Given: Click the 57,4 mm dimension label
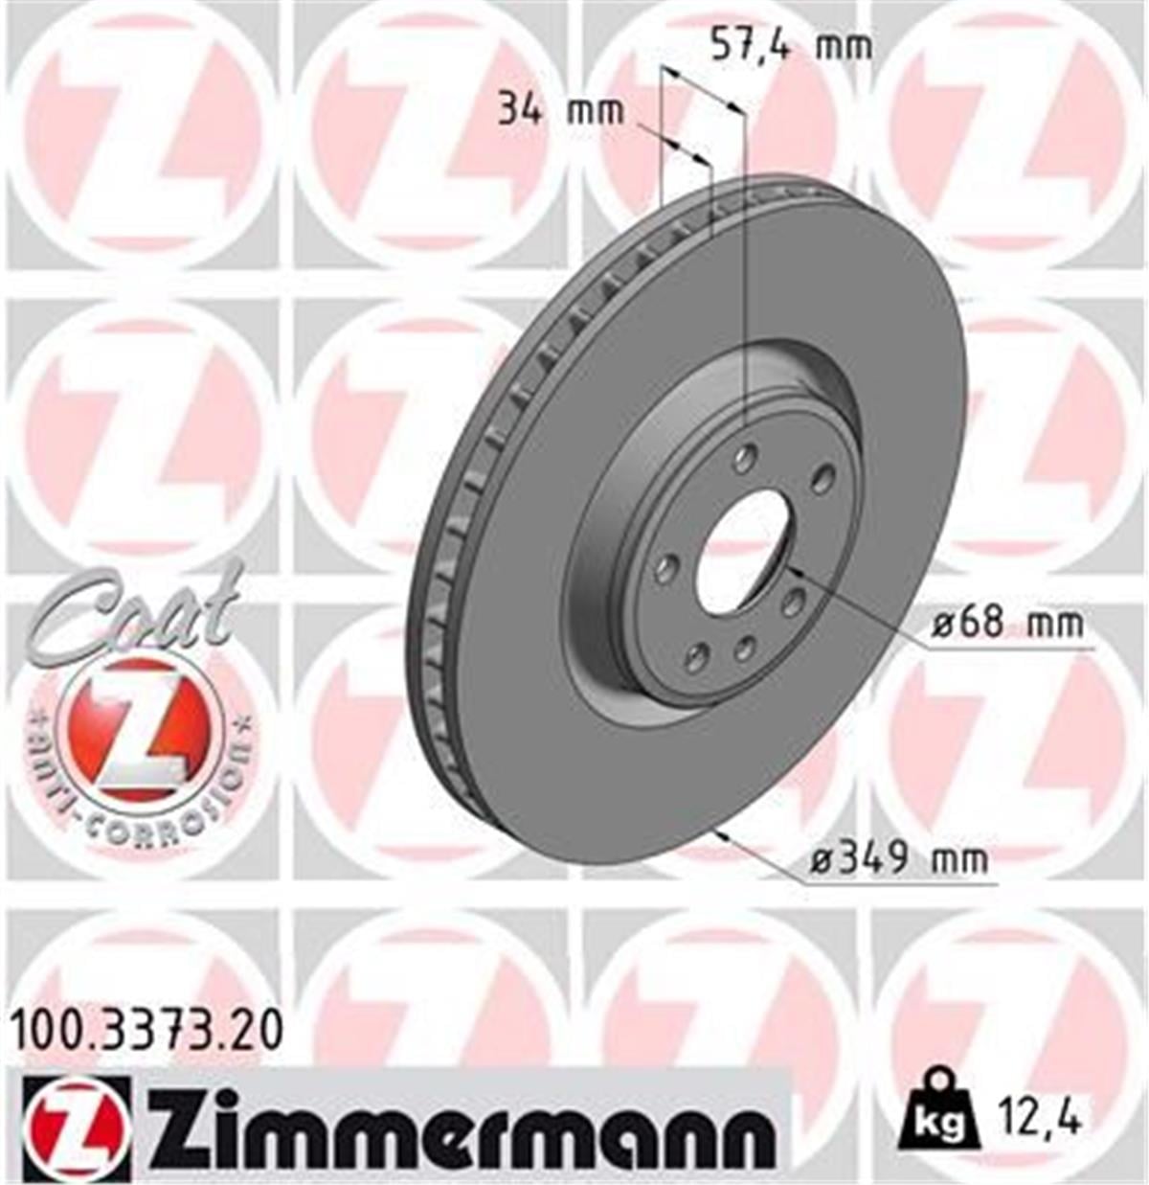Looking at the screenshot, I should [x=792, y=45].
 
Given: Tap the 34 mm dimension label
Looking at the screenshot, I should [x=560, y=111].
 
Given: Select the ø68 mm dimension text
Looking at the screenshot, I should [x=1008, y=625].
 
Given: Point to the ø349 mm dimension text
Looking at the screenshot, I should [x=898, y=858].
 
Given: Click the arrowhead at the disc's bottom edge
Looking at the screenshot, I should [x=720, y=834].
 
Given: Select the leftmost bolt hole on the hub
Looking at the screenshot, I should [x=665, y=570].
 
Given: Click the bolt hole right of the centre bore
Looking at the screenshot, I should [x=793, y=604].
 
